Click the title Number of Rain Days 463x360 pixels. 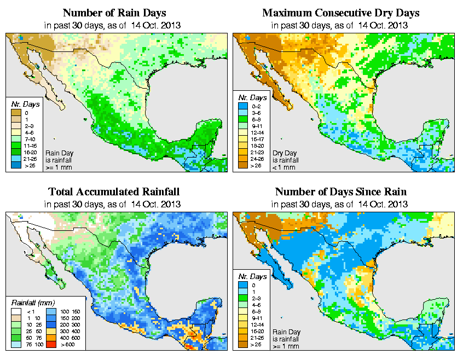pos(114,13)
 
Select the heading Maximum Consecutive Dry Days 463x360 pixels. pos(341,13)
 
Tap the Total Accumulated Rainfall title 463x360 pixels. pos(114,192)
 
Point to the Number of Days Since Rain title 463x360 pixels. pos(341,192)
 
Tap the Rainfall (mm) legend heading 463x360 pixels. pos(32,301)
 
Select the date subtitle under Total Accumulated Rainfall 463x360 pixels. pos(114,204)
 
